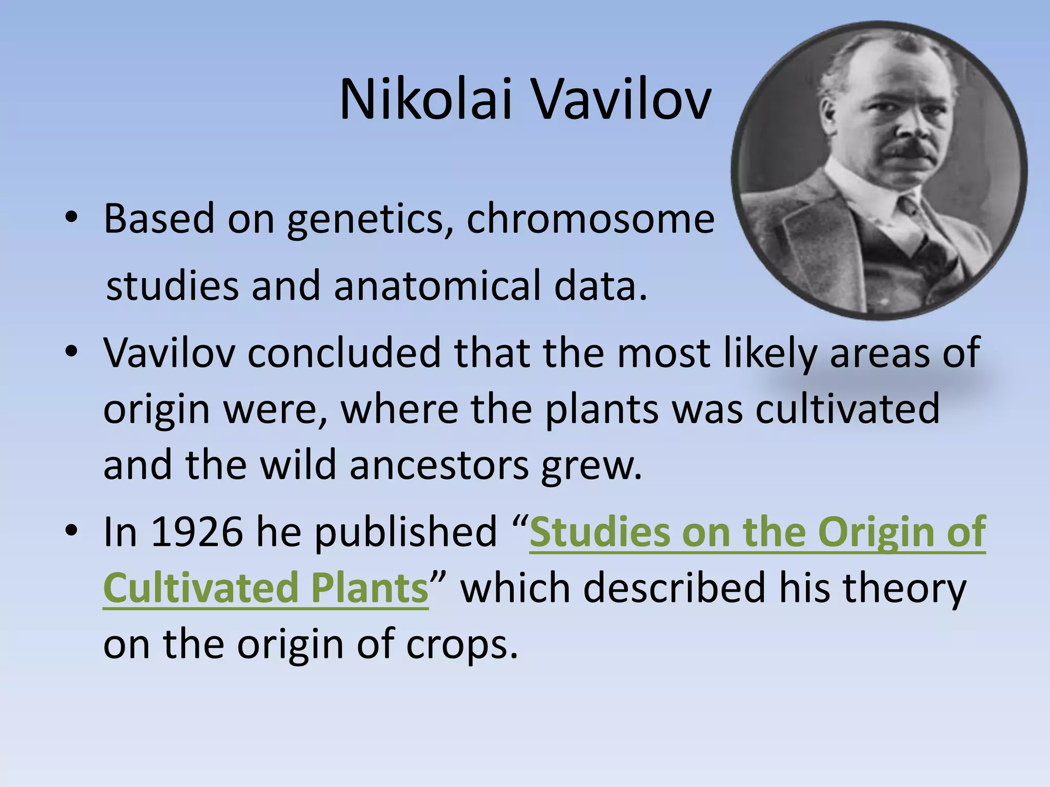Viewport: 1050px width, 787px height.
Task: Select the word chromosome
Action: pos(590,219)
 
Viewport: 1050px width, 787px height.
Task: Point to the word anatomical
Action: pos(438,286)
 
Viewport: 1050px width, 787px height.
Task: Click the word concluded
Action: pos(344,354)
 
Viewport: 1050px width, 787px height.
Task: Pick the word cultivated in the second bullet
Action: pos(847,409)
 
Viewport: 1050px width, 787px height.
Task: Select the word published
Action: pos(406,532)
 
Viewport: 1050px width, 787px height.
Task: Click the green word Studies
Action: pos(599,532)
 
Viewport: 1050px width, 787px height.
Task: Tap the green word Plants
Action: pos(369,588)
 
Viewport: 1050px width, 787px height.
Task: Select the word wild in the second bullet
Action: pos(297,465)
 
